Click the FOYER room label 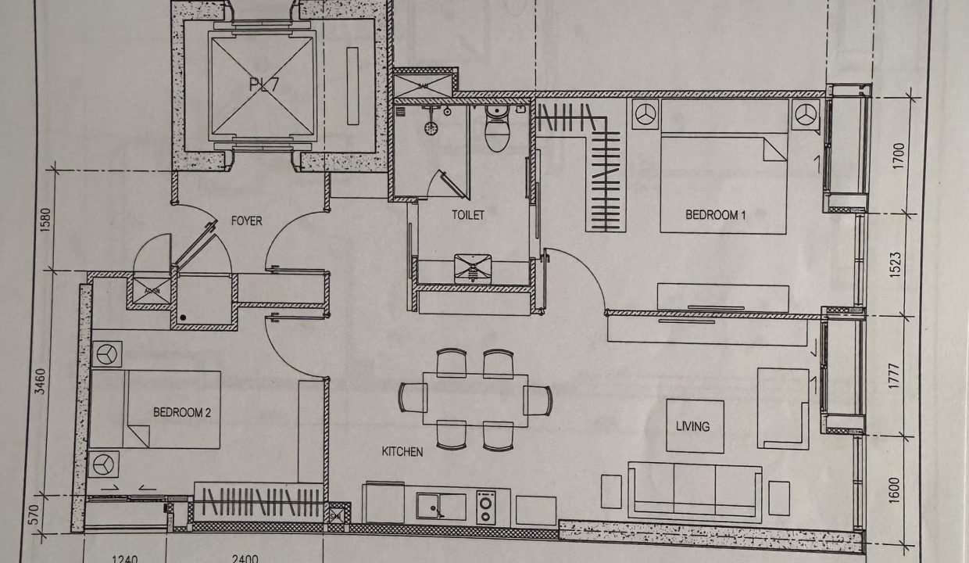[x=247, y=221]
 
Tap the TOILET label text [x=467, y=215]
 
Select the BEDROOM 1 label [x=716, y=215]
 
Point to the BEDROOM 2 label [x=182, y=412]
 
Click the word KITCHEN [x=402, y=452]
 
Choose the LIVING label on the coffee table [x=693, y=427]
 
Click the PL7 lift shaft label [x=264, y=84]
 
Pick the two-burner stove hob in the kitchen [x=486, y=507]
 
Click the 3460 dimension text [x=40, y=382]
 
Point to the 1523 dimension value [x=896, y=265]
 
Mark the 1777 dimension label [x=894, y=376]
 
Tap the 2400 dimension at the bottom [x=245, y=559]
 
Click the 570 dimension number [x=35, y=514]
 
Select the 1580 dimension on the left [x=46, y=220]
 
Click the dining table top [x=475, y=400]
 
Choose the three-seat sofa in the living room [x=695, y=492]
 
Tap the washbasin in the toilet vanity [x=473, y=269]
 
